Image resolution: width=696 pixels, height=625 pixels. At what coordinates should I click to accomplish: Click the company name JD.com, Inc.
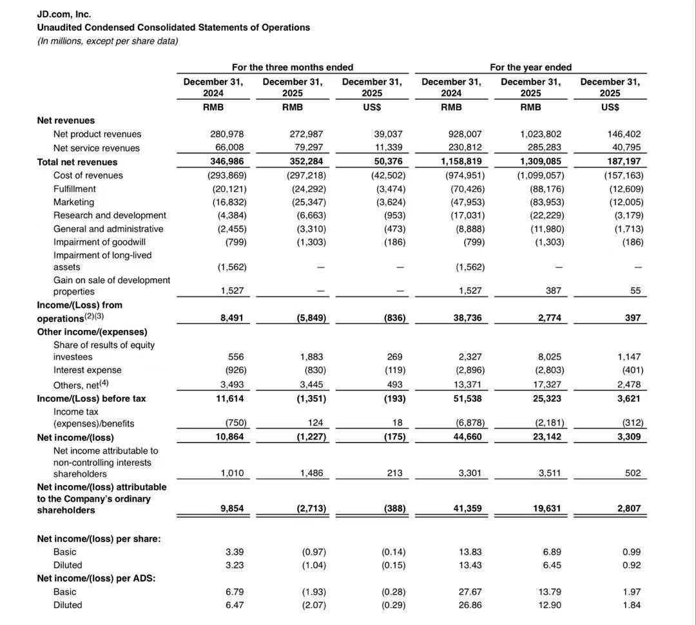[64, 14]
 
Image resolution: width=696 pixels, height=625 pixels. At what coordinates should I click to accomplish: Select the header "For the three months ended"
[292, 67]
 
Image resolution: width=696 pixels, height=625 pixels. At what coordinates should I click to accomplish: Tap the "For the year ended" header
[530, 67]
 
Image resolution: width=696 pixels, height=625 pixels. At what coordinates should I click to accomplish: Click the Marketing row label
[73, 202]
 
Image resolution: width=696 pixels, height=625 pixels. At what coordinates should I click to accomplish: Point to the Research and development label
[110, 215]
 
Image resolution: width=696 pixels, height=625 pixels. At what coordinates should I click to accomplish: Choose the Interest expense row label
[87, 370]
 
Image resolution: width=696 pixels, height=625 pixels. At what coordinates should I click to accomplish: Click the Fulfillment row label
[74, 189]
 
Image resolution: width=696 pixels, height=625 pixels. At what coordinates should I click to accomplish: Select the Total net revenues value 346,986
[227, 162]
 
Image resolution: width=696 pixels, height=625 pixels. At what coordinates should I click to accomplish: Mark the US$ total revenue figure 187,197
[623, 162]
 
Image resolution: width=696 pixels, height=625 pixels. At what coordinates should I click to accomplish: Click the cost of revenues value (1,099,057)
[540, 175]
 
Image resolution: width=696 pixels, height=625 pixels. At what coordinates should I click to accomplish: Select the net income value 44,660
[467, 437]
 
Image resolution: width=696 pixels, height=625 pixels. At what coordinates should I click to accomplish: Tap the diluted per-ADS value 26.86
[470, 605]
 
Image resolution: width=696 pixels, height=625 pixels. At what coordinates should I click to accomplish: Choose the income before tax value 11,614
[229, 398]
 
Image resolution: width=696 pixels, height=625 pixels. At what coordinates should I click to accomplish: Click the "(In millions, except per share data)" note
[107, 41]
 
